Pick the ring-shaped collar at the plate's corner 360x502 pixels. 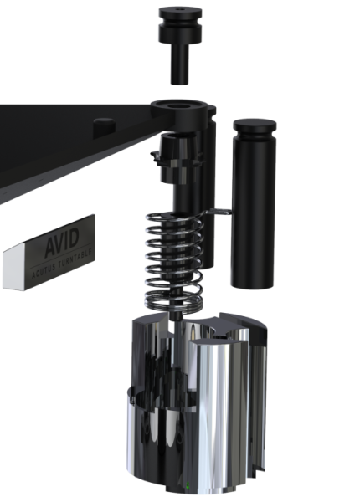177,107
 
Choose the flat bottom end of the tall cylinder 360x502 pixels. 252,283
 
